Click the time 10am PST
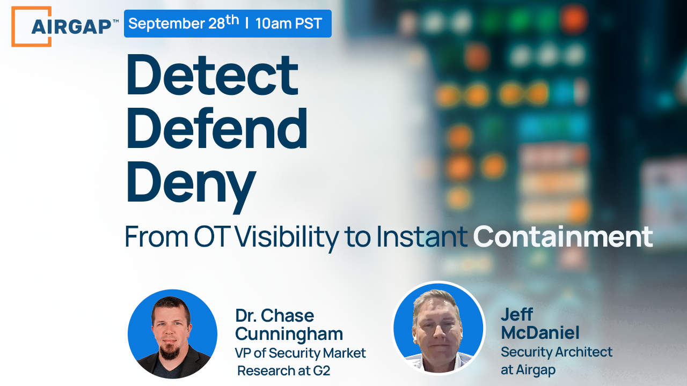click(289, 24)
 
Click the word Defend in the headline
click(217, 130)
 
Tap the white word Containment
click(562, 236)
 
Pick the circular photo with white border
click(438, 328)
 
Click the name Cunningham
click(289, 333)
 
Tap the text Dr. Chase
click(274, 315)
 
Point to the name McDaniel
click(540, 333)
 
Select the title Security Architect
click(556, 352)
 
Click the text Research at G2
click(283, 370)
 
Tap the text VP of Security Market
click(300, 353)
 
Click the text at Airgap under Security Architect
click(528, 369)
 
